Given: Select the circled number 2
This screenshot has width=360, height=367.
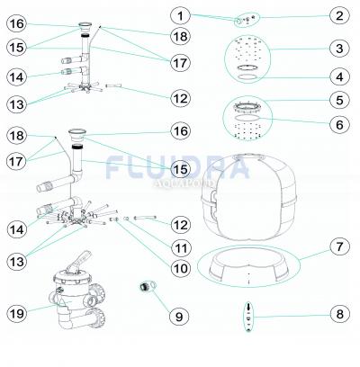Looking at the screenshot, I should pyautogui.click(x=337, y=15).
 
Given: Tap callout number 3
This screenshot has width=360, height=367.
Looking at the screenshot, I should pyautogui.click(x=337, y=49).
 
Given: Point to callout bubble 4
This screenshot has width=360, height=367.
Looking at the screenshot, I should pyautogui.click(x=337, y=78).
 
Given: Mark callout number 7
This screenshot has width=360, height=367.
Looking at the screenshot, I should pyautogui.click(x=337, y=246).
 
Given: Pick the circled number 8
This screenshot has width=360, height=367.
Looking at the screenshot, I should pyautogui.click(x=337, y=314).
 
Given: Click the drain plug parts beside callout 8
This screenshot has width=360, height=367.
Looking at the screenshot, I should pyautogui.click(x=244, y=317).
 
